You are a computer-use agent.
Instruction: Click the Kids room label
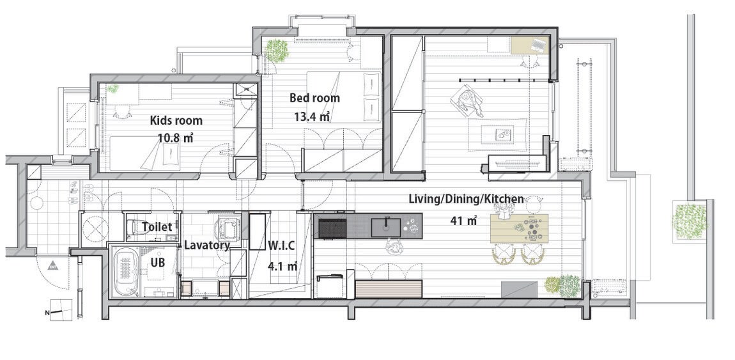pyautogui.click(x=176, y=120)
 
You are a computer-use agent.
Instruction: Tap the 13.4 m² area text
pyautogui.click(x=312, y=116)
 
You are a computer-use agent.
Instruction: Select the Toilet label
pyautogui.click(x=157, y=227)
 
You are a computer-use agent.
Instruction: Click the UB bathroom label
pyautogui.click(x=158, y=263)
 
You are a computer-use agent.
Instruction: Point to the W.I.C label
pyautogui.click(x=281, y=245)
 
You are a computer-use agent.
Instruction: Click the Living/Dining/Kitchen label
pyautogui.click(x=466, y=199)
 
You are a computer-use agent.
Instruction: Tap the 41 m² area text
pyautogui.click(x=463, y=221)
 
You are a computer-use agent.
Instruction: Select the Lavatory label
pyautogui.click(x=206, y=245)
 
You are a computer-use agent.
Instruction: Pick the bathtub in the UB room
pyautogui.click(x=125, y=273)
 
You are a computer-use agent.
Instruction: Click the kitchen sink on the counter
pyautogui.click(x=386, y=228)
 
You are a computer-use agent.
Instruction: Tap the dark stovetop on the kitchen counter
pyautogui.click(x=332, y=228)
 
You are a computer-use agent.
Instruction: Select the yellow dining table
pyautogui.click(x=520, y=228)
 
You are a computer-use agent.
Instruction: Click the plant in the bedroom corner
pyautogui.click(x=277, y=51)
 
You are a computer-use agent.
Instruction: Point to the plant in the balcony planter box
pyautogui.click(x=690, y=221)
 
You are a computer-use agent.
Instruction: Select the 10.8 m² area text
pyautogui.click(x=176, y=138)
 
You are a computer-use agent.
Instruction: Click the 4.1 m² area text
pyautogui.click(x=282, y=266)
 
